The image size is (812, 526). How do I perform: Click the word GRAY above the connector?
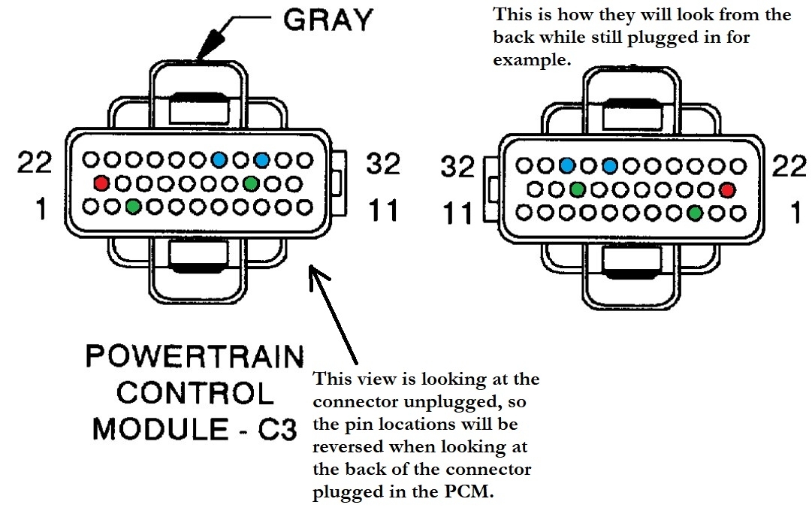pyautogui.click(x=328, y=20)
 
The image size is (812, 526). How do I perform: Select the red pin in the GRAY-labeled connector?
pyautogui.click(x=101, y=183)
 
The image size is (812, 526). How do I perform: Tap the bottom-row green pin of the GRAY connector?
pyautogui.click(x=133, y=205)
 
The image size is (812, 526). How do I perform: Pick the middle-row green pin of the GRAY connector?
pyautogui.click(x=251, y=183)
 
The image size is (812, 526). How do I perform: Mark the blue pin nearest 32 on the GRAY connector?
pyautogui.click(x=262, y=159)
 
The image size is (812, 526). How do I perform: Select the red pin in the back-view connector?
pyautogui.click(x=726, y=189)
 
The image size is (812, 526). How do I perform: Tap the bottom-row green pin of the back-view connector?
pyautogui.click(x=696, y=213)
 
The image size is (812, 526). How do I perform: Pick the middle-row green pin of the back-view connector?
pyautogui.click(x=577, y=189)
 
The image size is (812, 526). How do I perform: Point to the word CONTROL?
pyautogui.click(x=195, y=392)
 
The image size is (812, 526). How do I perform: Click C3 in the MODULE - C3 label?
pyautogui.click(x=276, y=429)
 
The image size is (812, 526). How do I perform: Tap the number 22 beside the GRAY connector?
pyautogui.click(x=35, y=162)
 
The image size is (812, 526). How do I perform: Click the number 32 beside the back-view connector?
pyautogui.click(x=457, y=168)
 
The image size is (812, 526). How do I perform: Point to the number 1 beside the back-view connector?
pyautogui.click(x=795, y=213)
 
